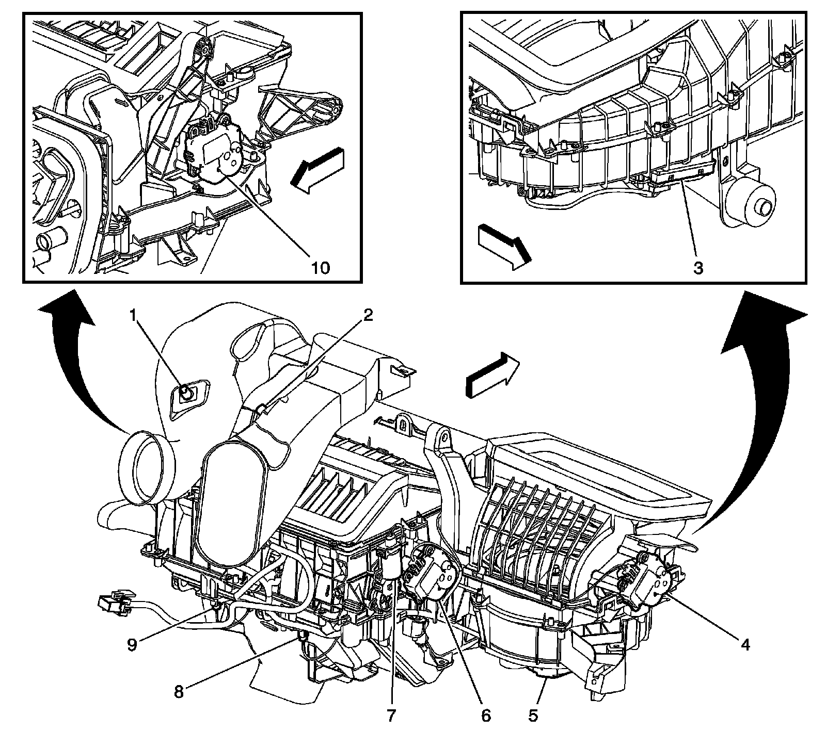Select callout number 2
click(367, 316)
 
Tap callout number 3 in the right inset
click(698, 268)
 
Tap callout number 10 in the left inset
click(320, 268)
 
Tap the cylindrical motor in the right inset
click(749, 204)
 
